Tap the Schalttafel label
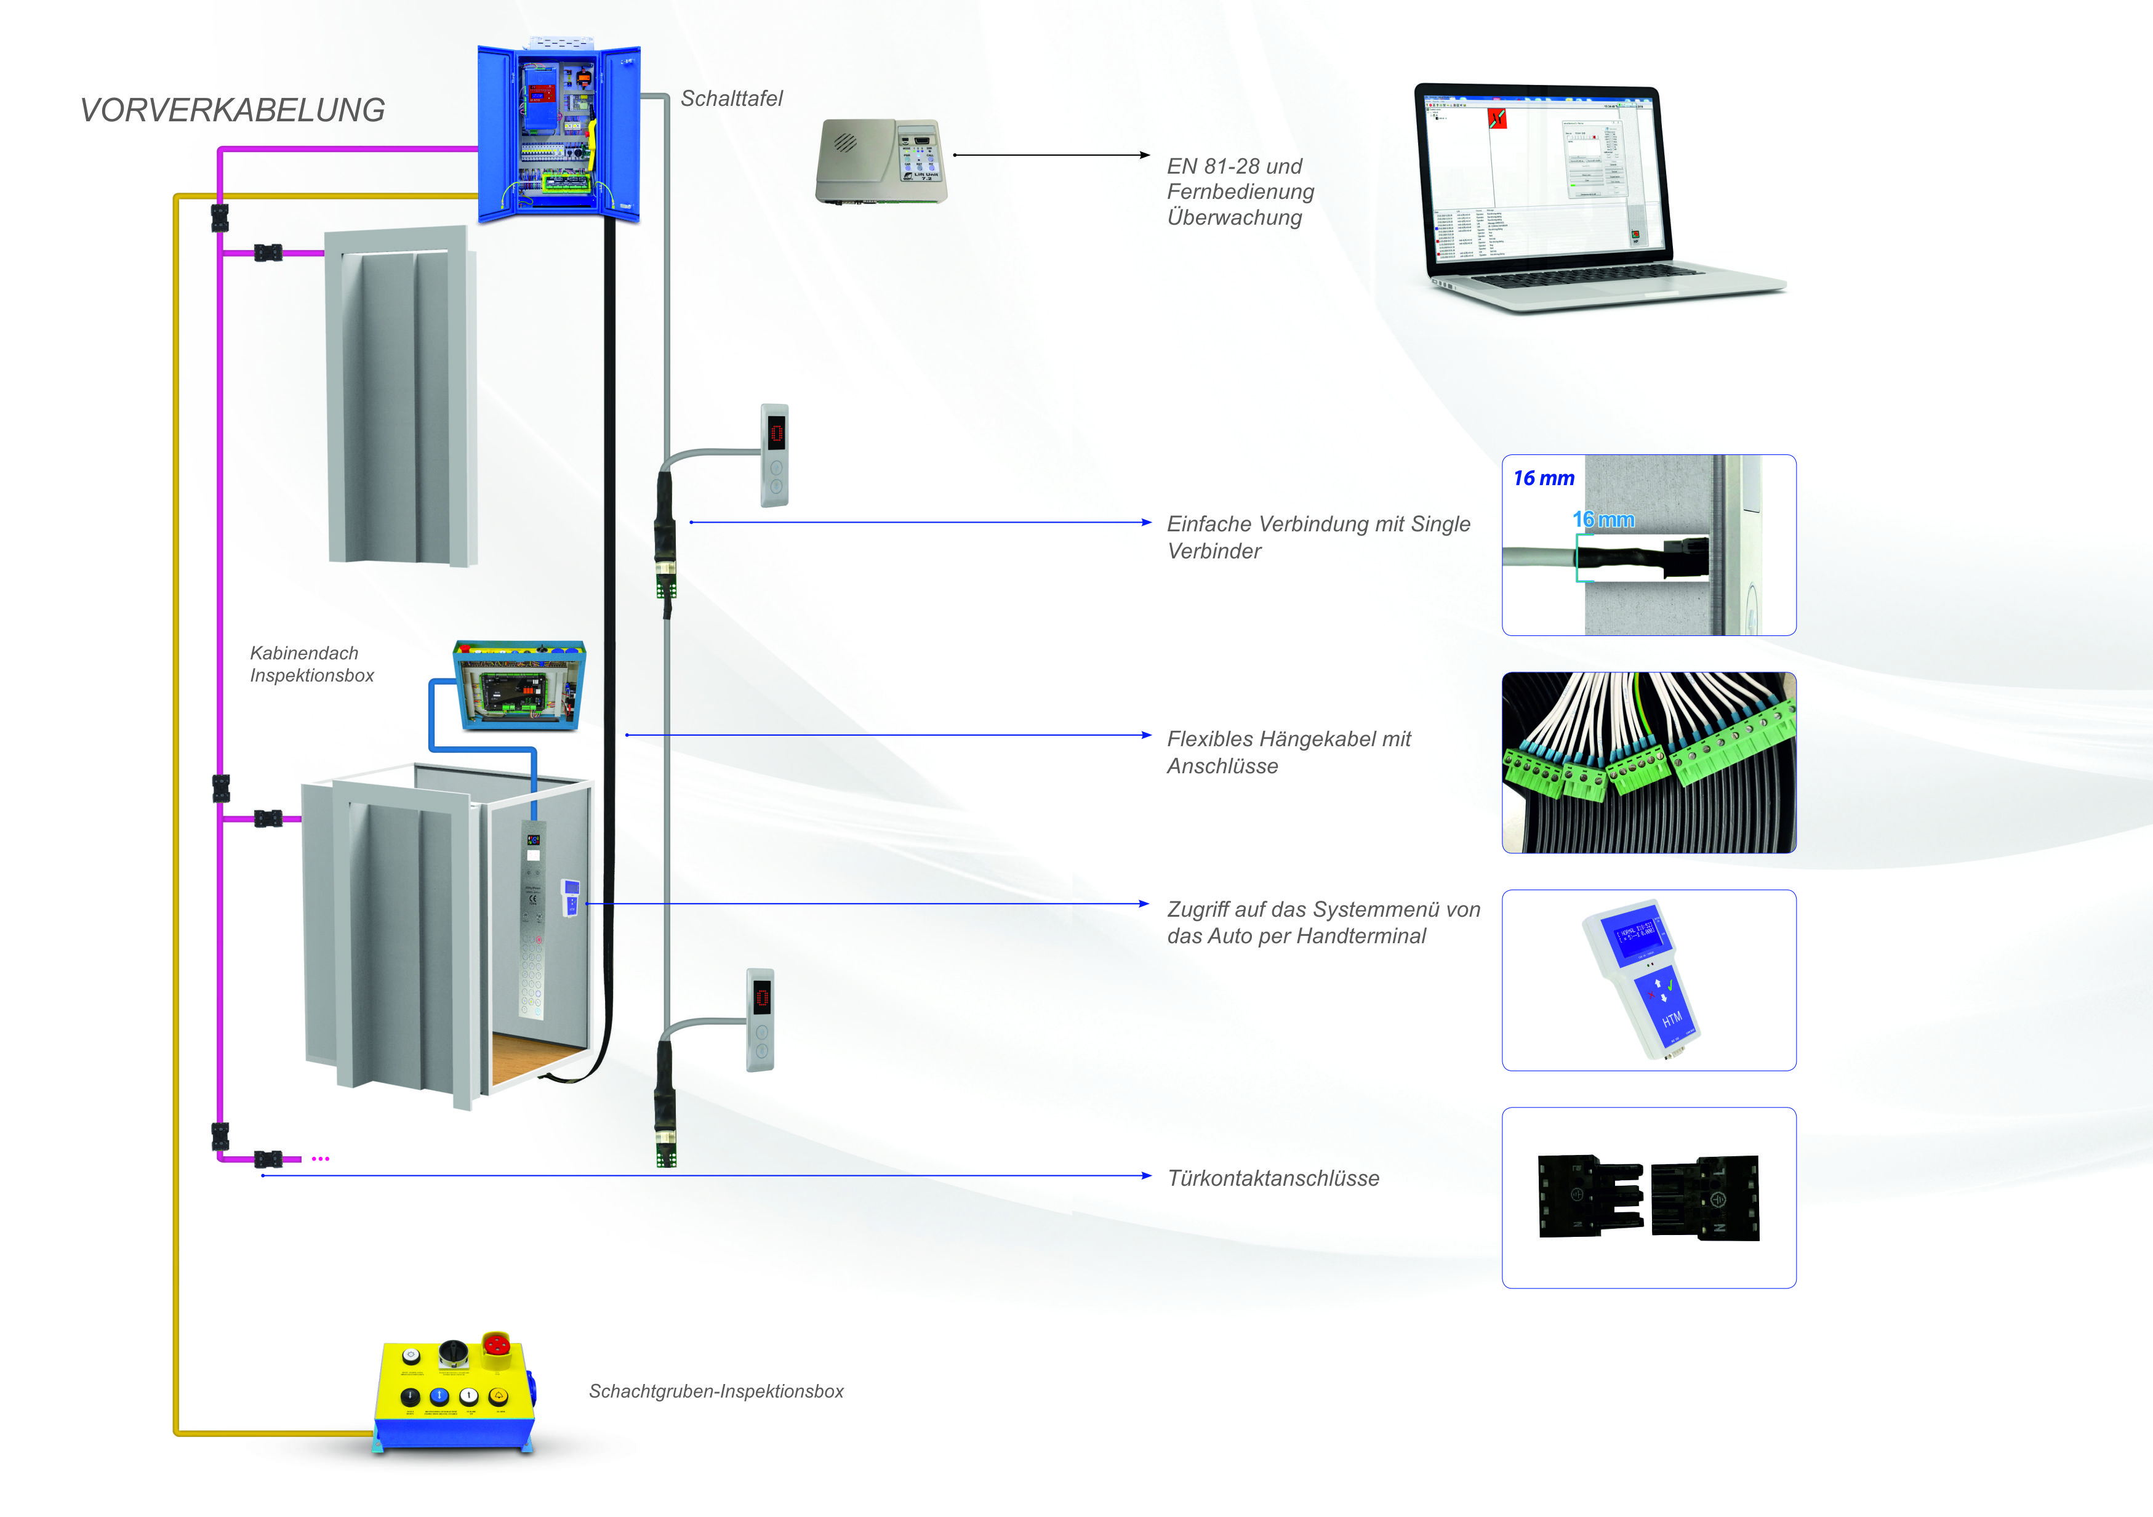point(731,99)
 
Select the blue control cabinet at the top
point(559,134)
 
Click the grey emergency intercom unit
point(881,161)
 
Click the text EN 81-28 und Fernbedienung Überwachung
point(1240,191)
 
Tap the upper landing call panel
point(774,455)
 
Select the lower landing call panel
point(761,1020)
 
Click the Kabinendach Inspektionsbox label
point(311,664)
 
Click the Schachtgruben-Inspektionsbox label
point(715,1391)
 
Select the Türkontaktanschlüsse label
point(1272,1178)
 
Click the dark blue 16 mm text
point(1544,478)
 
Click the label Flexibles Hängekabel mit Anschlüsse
point(1288,752)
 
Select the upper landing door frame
point(401,396)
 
